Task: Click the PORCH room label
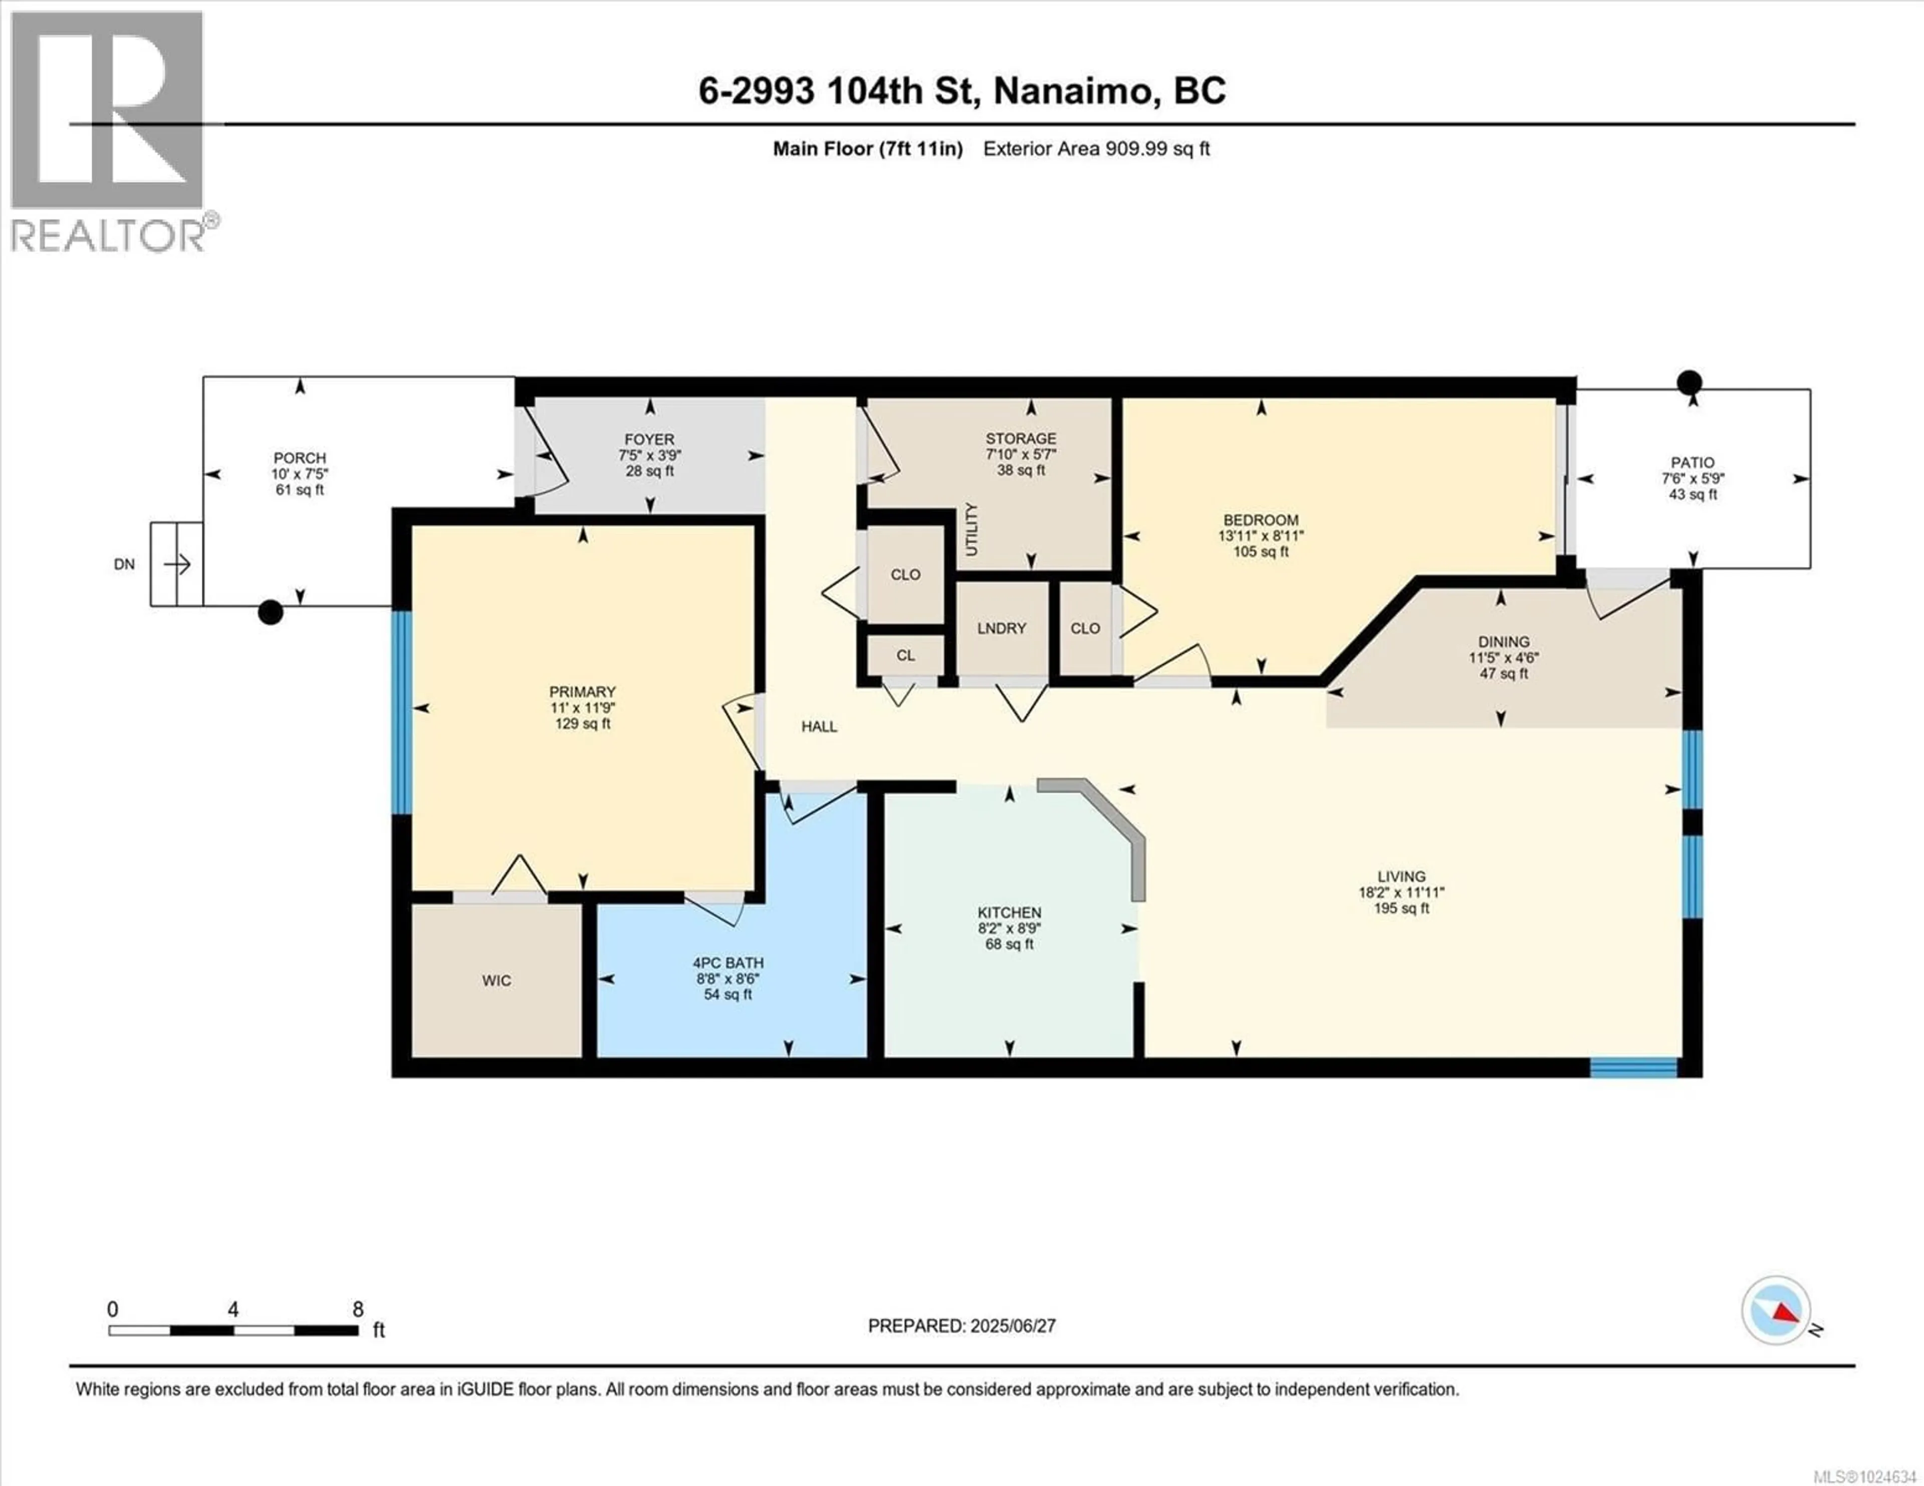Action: click(300, 458)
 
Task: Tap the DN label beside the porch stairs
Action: click(124, 564)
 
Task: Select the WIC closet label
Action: click(496, 980)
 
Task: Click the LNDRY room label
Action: click(1002, 628)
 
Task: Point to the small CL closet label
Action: click(905, 656)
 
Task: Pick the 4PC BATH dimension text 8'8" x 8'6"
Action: click(728, 979)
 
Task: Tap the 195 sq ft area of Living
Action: click(1401, 908)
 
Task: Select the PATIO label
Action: click(1693, 462)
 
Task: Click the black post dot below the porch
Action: click(271, 612)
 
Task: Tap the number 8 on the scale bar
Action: click(358, 1310)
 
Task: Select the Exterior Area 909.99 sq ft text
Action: click(1096, 149)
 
